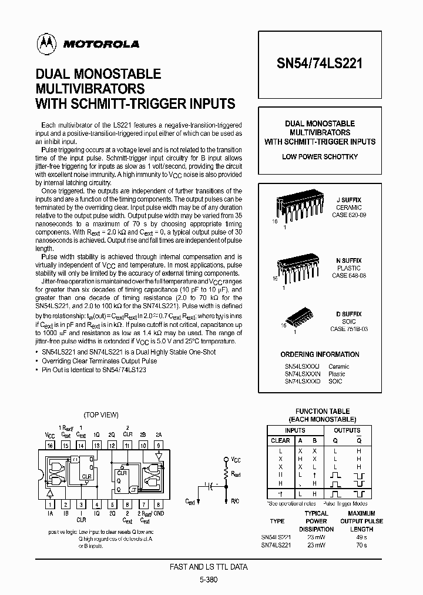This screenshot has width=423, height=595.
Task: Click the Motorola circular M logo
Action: click(x=44, y=43)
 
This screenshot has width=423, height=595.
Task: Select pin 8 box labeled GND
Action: click(x=158, y=504)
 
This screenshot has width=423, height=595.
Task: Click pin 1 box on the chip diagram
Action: click(x=50, y=504)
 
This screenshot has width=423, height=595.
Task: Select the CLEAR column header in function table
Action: click(x=280, y=440)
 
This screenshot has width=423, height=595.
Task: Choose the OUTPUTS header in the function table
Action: click(x=347, y=430)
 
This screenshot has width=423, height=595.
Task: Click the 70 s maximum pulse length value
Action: click(x=361, y=545)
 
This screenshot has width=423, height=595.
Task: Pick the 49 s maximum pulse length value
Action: click(x=361, y=537)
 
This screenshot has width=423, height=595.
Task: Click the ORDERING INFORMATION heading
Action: click(x=320, y=355)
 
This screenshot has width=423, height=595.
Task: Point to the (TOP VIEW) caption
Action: click(x=101, y=415)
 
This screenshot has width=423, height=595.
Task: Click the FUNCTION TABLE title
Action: click(x=322, y=412)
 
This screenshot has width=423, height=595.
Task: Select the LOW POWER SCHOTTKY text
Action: click(x=320, y=157)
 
